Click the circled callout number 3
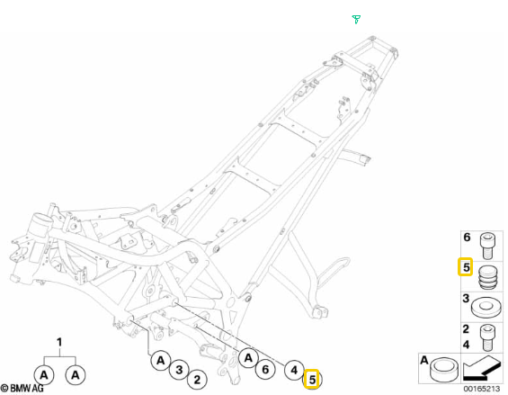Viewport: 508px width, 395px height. click(x=179, y=370)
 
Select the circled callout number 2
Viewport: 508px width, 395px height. click(x=197, y=379)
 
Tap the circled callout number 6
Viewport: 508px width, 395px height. click(x=265, y=369)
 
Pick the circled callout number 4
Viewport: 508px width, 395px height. click(x=294, y=370)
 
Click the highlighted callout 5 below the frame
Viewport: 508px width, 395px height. click(x=312, y=379)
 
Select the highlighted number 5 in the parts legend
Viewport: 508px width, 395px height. click(x=466, y=267)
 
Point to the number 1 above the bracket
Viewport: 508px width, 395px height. click(x=59, y=342)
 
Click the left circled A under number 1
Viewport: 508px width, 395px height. click(x=44, y=375)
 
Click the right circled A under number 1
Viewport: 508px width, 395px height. click(x=76, y=375)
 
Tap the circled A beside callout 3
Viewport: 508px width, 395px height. click(x=161, y=360)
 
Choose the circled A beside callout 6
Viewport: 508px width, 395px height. click(x=248, y=358)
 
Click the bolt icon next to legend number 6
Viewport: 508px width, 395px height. click(x=487, y=246)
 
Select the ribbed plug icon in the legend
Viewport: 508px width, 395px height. click(x=487, y=277)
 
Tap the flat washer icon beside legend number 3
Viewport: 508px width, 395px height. click(x=486, y=307)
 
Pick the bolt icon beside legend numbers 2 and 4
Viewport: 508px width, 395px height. click(x=487, y=337)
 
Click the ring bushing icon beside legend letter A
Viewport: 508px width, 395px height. click(x=444, y=370)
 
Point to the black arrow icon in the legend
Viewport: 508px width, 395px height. click(x=482, y=368)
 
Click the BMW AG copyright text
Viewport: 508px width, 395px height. click(x=22, y=388)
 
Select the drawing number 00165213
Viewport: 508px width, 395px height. click(x=482, y=389)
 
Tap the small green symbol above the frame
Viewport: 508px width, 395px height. click(x=356, y=19)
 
